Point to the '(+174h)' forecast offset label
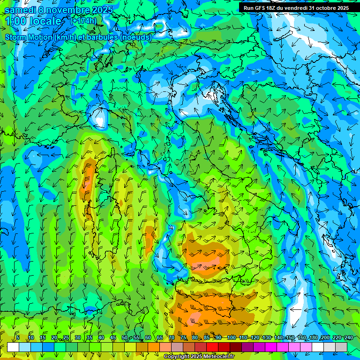(x=83, y=21)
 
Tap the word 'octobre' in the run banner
(x=326, y=8)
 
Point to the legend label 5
(x=18, y=337)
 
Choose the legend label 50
(x=125, y=337)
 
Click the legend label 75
(x=183, y=337)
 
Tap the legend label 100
(x=231, y=337)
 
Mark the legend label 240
(x=349, y=337)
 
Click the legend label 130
(x=267, y=337)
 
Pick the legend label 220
(x=337, y=337)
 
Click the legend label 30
(x=78, y=337)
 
